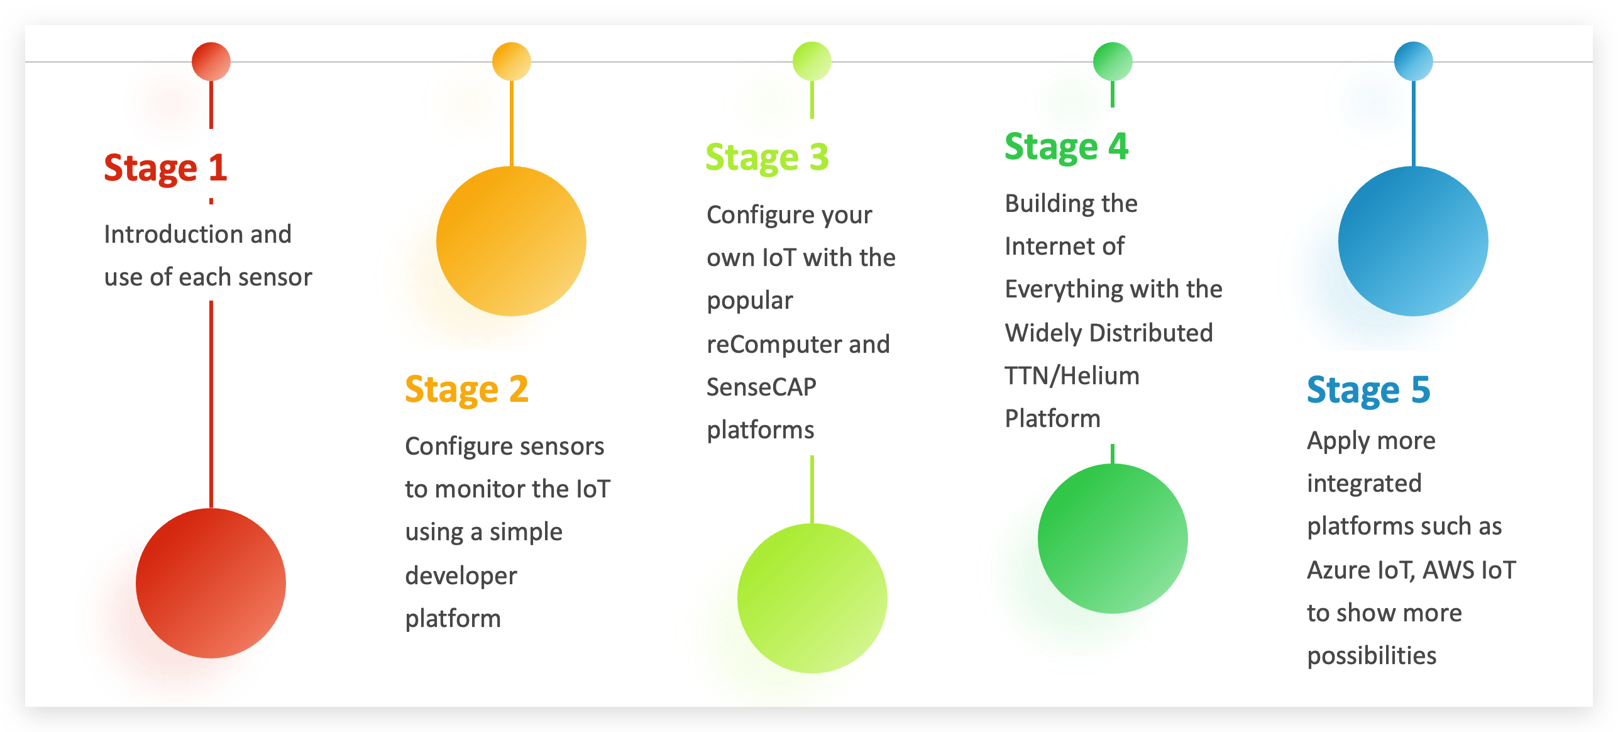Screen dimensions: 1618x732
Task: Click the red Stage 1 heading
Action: click(165, 169)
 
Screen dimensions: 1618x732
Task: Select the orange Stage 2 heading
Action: click(466, 390)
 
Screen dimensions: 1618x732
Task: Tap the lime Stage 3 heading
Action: click(767, 158)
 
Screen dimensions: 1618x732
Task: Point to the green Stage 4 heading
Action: click(1066, 147)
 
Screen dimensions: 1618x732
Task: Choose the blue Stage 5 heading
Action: click(1368, 391)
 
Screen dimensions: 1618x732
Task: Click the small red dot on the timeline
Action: click(211, 62)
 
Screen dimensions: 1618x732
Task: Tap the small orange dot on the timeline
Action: click(512, 62)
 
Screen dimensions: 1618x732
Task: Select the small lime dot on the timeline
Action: click(812, 62)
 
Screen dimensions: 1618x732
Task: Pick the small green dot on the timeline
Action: click(1113, 62)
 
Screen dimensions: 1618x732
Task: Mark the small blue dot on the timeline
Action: click(1414, 62)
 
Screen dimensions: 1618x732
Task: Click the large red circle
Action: click(211, 584)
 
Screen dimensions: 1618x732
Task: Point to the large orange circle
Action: click(512, 241)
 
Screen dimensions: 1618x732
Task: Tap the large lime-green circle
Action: click(812, 598)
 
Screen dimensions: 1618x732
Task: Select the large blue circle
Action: click(1414, 241)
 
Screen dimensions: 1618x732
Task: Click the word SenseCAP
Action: click(761, 387)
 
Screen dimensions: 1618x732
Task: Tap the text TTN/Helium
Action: click(1072, 376)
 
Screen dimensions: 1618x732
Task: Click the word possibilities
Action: click(1372, 656)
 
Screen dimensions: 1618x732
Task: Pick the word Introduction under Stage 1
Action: click(173, 235)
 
